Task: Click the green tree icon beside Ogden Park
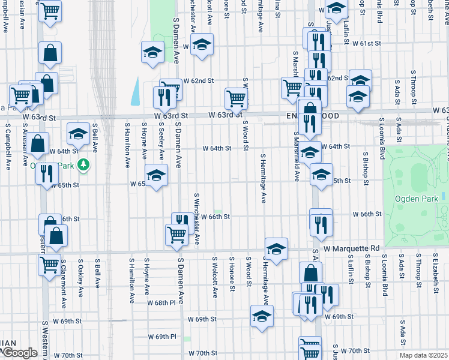tap(85, 163)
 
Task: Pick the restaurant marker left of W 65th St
tap(46, 173)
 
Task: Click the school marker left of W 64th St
tap(78, 134)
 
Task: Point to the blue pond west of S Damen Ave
tap(135, 91)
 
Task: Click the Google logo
tap(19, 353)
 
